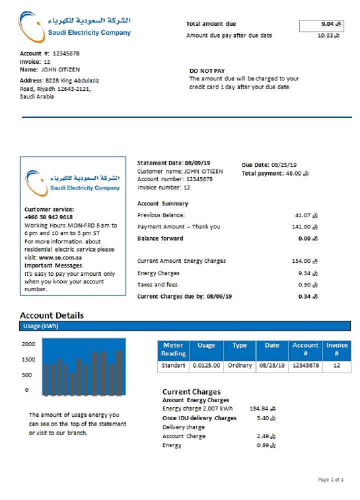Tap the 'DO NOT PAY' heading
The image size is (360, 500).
pyautogui.click(x=206, y=71)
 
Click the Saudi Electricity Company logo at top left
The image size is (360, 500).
pyautogui.click(x=75, y=27)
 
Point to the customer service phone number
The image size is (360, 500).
pyautogui.click(x=48, y=217)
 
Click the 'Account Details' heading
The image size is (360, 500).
pyautogui.click(x=51, y=315)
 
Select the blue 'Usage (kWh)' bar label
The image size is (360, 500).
pyautogui.click(x=40, y=326)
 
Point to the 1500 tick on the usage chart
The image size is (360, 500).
pyautogui.click(x=28, y=359)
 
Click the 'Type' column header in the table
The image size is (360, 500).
pyautogui.click(x=239, y=345)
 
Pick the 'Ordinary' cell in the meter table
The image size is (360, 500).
pyautogui.click(x=239, y=365)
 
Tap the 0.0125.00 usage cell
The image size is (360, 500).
pyautogui.click(x=206, y=365)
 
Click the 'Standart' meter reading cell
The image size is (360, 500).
pyautogui.click(x=173, y=365)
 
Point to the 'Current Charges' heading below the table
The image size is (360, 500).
pyautogui.click(x=191, y=392)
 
